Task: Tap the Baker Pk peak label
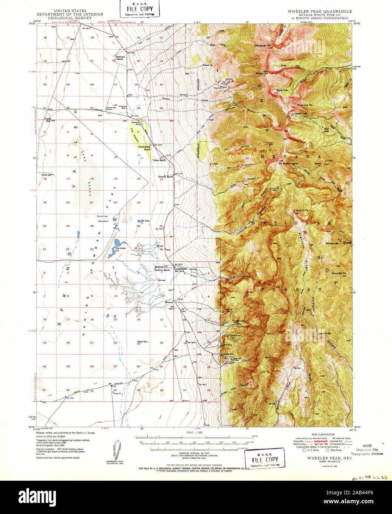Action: [261, 73]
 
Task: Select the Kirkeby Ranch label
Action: [166, 177]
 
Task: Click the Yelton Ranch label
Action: [158, 160]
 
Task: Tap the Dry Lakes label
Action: [120, 248]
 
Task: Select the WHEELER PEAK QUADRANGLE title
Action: [320, 11]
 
